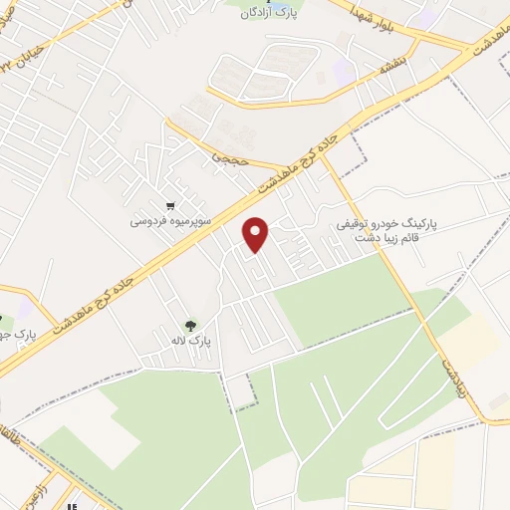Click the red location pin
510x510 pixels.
click(257, 233)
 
